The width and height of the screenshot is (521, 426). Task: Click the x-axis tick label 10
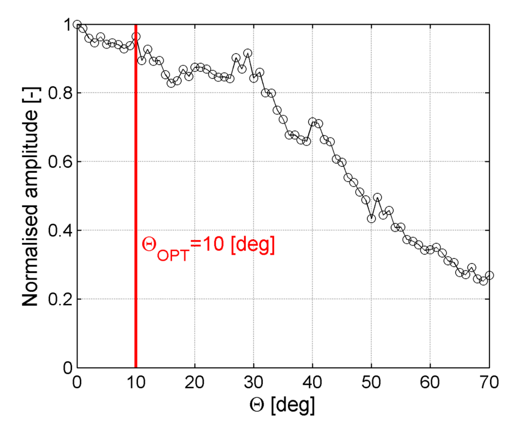coord(136,382)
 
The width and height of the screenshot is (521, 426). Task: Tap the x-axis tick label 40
coord(312,382)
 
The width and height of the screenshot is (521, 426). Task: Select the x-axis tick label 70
coord(489,382)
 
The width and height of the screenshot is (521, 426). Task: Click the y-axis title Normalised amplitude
coord(30,197)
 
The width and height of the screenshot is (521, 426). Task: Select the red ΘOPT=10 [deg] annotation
coord(208,247)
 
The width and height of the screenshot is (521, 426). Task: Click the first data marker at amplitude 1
coord(77,25)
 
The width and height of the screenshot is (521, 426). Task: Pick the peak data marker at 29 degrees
coord(248,53)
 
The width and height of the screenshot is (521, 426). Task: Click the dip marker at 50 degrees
coord(371,218)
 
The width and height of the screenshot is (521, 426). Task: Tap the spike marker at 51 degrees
coord(377,198)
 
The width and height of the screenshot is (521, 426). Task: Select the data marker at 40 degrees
coord(313,122)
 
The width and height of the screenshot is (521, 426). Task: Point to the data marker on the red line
coord(136,37)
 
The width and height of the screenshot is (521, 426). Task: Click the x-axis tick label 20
coord(195,382)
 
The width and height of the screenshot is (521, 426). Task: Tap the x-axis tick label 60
coord(430,382)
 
